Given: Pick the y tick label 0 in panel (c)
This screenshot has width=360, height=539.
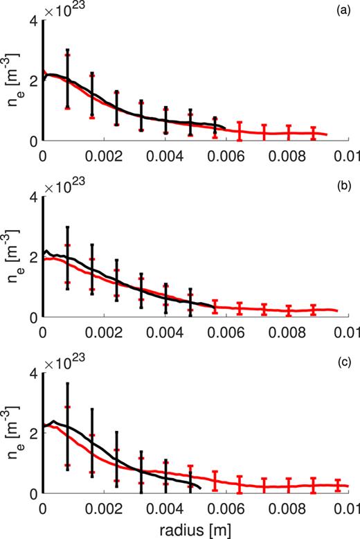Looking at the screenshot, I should (x=33, y=493).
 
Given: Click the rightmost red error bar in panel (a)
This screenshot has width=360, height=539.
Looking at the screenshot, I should (x=314, y=133).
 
